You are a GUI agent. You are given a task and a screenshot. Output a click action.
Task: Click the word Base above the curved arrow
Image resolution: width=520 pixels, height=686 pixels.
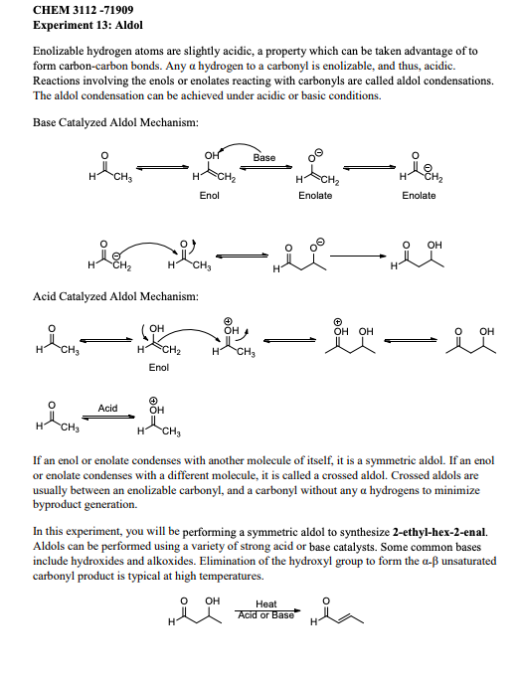[x=264, y=158]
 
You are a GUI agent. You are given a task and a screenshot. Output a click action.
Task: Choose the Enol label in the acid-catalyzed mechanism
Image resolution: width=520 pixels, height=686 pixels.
[x=159, y=368]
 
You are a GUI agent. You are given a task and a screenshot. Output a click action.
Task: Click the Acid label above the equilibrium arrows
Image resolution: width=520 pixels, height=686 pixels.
[x=108, y=409]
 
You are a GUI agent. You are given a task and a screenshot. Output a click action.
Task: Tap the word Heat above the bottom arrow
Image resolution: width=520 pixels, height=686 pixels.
[x=265, y=603]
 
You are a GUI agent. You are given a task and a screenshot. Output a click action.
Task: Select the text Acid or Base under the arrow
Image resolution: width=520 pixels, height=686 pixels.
[x=265, y=615]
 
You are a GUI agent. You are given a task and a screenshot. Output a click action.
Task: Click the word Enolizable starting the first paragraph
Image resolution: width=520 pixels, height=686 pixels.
[x=62, y=50]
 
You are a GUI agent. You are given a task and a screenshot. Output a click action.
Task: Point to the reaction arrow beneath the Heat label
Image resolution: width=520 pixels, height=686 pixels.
[x=265, y=609]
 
